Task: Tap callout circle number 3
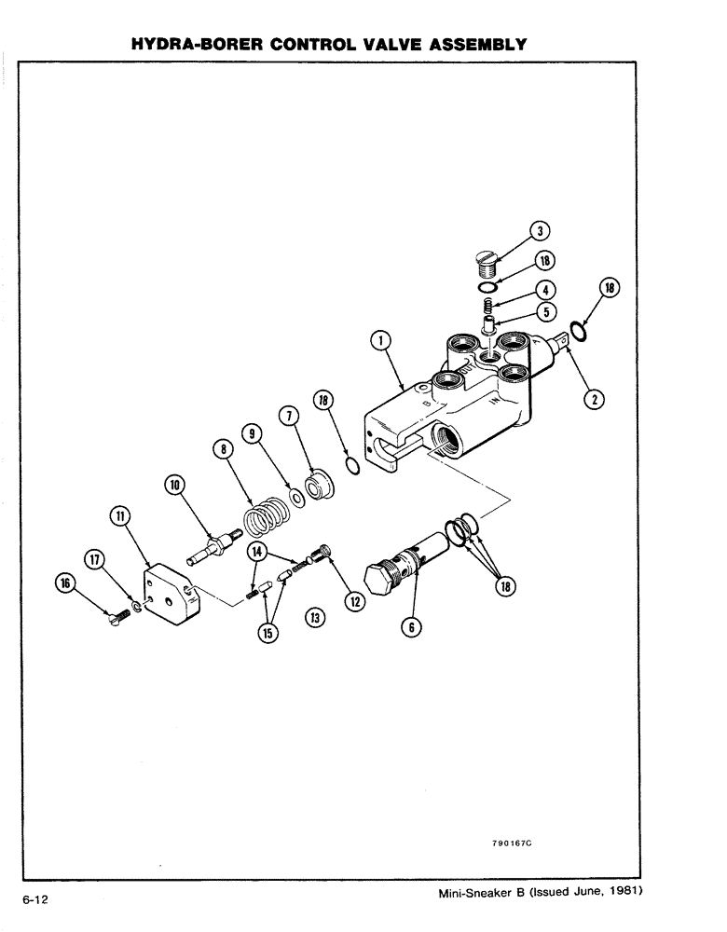click(538, 232)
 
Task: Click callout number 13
click(314, 617)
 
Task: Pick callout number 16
click(65, 584)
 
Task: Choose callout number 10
click(176, 485)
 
